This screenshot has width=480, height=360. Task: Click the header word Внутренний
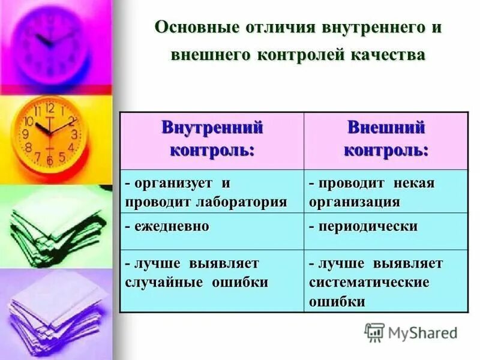(x=212, y=127)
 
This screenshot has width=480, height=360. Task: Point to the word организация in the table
(x=354, y=202)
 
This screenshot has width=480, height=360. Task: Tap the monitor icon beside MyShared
(x=374, y=332)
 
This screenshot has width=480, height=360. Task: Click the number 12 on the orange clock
(x=50, y=109)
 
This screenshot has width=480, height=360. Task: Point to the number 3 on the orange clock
(x=74, y=134)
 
